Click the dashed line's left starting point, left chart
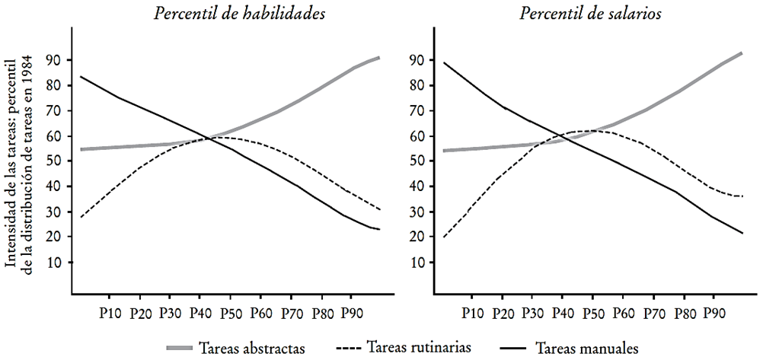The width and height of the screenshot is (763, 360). [80, 218]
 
